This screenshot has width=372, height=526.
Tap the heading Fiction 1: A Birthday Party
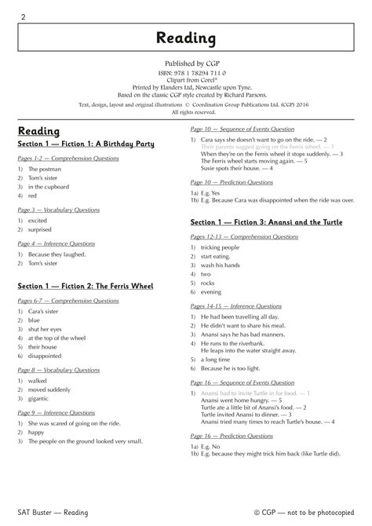click(86, 144)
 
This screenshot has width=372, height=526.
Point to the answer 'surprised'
click(42, 230)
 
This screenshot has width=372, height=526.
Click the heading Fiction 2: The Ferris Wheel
click(86, 285)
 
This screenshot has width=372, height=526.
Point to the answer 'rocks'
click(209, 283)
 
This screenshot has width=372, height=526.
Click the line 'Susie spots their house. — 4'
click(236, 168)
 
